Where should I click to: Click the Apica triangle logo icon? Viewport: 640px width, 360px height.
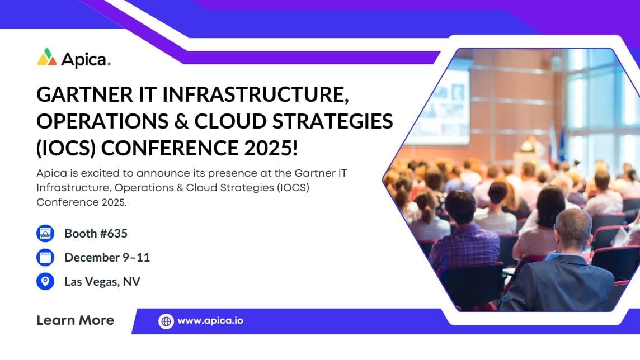click(x=47, y=58)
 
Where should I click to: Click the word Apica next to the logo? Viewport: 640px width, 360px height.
click(x=85, y=59)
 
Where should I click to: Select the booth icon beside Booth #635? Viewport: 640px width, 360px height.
click(x=45, y=234)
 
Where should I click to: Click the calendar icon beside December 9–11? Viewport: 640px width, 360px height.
click(x=45, y=258)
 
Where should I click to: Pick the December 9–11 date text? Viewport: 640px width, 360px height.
click(x=107, y=258)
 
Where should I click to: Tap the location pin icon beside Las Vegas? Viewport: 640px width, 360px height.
click(x=45, y=281)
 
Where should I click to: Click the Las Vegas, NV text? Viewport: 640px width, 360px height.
click(x=102, y=281)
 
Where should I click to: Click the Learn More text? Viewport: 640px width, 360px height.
click(x=75, y=320)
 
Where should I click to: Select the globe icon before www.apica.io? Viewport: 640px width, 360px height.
click(x=166, y=321)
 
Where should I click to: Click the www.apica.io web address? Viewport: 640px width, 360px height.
click(x=210, y=321)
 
